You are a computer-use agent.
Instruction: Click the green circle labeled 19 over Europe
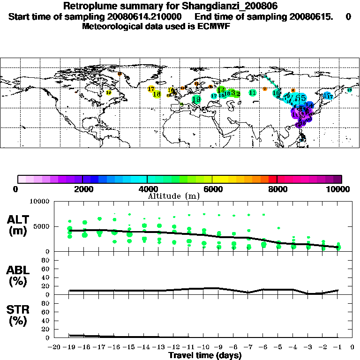tap(196, 99)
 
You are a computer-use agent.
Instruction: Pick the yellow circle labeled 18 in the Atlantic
tap(157, 94)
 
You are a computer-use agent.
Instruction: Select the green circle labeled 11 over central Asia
tap(253, 93)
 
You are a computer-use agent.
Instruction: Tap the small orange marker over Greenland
tap(120, 74)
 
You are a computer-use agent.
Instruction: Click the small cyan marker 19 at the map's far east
tap(349, 90)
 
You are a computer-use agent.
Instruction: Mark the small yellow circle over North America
tap(109, 93)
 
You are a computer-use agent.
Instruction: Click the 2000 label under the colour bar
tap(82, 189)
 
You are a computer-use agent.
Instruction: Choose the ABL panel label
tap(18, 275)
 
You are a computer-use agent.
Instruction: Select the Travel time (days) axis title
tap(205, 356)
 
